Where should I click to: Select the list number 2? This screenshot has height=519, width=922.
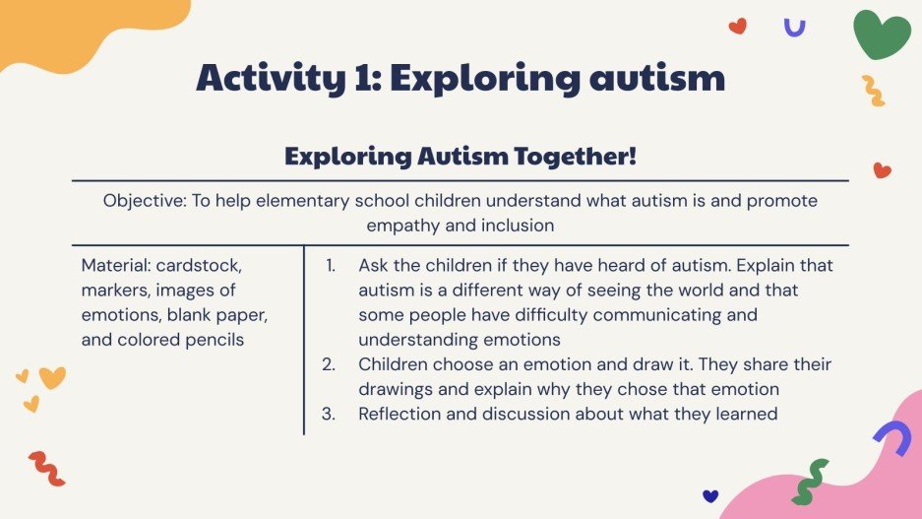tap(330, 364)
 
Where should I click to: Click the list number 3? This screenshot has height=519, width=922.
tap(330, 414)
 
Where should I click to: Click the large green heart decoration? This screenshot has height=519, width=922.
tap(881, 34)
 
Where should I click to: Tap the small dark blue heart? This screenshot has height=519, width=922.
tap(710, 495)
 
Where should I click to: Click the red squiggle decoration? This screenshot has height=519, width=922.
tap(46, 468)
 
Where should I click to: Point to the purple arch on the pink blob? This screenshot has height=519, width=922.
tap(891, 436)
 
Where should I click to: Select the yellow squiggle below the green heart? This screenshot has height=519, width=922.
tap(873, 91)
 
